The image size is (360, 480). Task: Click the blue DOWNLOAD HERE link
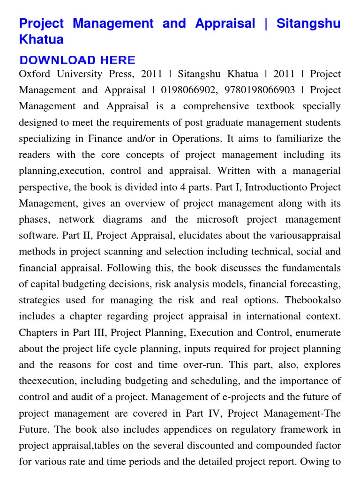point(77,60)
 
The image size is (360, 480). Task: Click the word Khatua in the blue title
point(41,39)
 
